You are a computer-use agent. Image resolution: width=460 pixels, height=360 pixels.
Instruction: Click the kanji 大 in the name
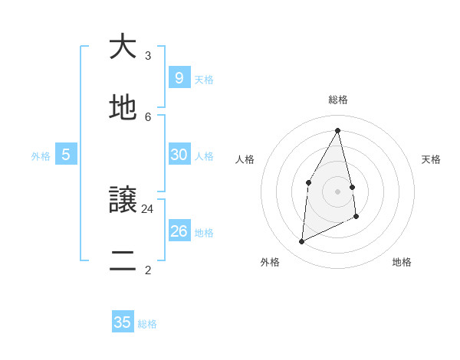tap(123, 47)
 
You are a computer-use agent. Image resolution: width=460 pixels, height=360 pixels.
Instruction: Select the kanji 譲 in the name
tap(123, 201)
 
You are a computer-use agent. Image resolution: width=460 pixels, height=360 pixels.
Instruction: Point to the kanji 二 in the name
tap(123, 263)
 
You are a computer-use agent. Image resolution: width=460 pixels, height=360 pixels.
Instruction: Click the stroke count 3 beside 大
tap(148, 55)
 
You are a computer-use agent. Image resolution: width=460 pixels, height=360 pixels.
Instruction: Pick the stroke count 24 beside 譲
tap(148, 208)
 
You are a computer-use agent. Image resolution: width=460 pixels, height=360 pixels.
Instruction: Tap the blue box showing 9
tap(179, 77)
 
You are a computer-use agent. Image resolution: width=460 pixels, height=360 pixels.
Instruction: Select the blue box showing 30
tap(179, 154)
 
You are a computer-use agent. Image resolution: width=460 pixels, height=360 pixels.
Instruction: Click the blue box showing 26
tap(179, 231)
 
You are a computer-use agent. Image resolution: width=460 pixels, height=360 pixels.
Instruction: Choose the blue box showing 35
tap(123, 322)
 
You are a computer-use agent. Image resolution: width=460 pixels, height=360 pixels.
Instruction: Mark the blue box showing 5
tap(66, 155)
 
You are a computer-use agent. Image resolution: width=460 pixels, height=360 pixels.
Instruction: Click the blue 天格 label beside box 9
tap(204, 80)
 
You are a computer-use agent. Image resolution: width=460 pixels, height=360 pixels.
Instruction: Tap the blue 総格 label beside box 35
tap(147, 325)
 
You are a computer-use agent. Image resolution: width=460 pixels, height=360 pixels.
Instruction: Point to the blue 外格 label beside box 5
tap(41, 156)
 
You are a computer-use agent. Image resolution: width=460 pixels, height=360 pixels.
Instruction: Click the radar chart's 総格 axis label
tap(338, 100)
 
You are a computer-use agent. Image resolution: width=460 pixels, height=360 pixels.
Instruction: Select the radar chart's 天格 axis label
tap(431, 159)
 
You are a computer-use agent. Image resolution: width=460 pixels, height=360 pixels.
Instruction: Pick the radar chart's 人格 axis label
tap(245, 159)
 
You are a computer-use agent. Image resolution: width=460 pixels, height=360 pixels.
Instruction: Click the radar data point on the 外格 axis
tap(301, 242)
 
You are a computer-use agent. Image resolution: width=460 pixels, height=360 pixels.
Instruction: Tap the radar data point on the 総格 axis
tap(338, 130)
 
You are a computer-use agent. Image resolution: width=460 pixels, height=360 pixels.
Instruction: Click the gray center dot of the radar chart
tap(338, 191)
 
